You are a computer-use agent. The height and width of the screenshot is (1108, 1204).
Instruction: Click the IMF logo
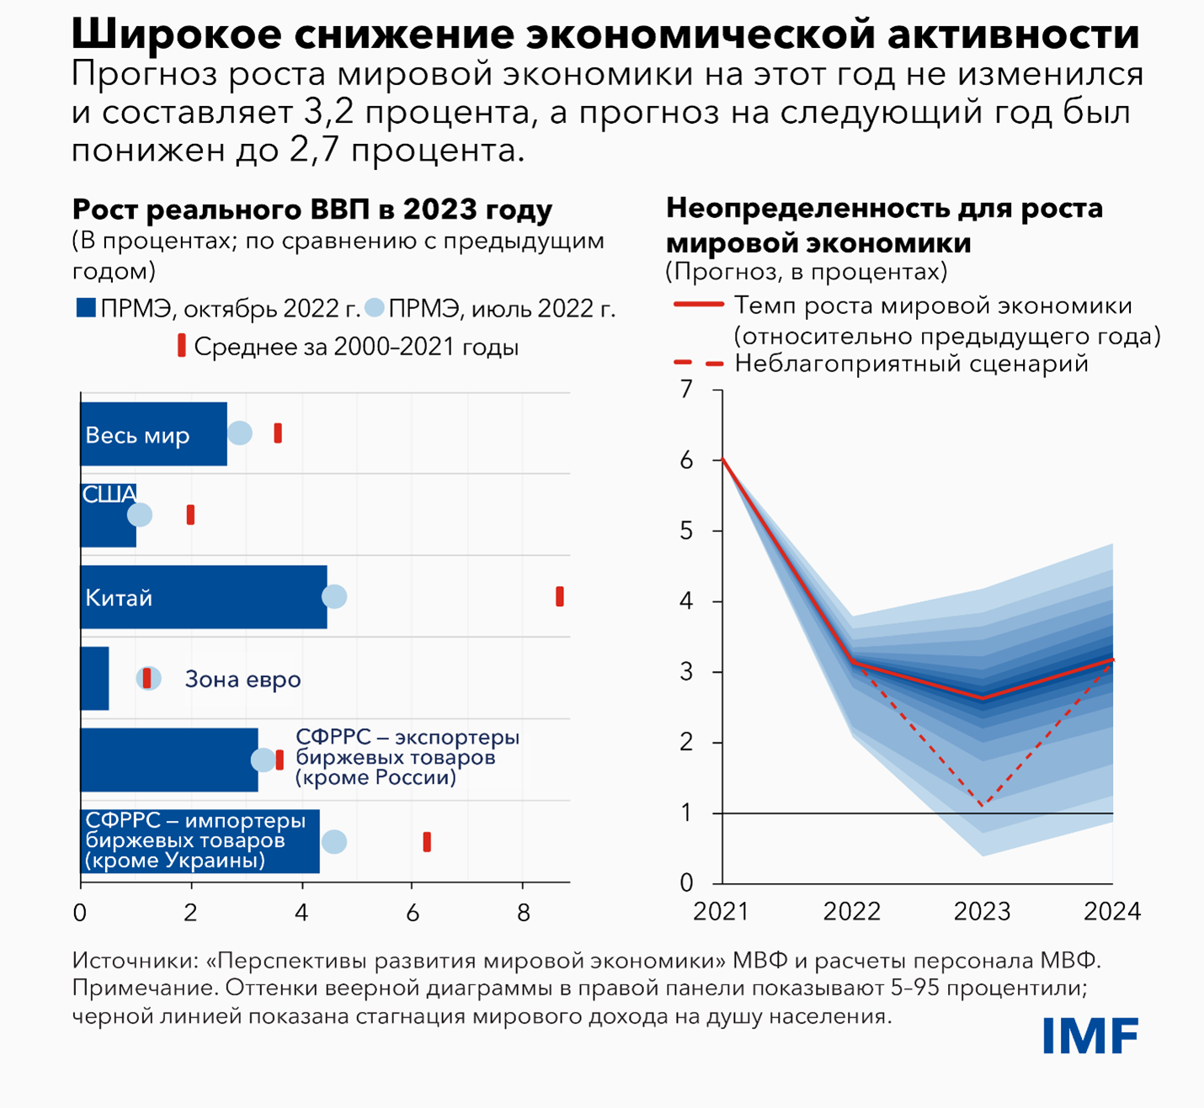1090,1036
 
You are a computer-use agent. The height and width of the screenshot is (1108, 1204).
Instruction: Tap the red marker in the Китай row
560,597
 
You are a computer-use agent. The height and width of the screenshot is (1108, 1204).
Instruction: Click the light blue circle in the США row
140,514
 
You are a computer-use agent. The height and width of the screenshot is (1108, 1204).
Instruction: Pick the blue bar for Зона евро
94,679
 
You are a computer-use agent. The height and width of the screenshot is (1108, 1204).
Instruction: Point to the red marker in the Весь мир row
278,434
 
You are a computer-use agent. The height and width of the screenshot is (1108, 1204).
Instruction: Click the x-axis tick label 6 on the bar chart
413,914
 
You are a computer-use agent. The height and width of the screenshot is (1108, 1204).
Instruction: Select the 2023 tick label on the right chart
982,912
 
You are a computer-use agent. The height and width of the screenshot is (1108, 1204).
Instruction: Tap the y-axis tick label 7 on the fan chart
687,390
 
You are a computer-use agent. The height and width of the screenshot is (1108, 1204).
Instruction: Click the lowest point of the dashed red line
983,806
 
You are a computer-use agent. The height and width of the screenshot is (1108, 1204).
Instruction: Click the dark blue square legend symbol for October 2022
86,308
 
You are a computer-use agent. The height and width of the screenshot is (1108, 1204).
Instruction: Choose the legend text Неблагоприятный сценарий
912,364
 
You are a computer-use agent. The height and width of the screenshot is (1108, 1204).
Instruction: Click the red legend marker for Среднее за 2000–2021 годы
181,345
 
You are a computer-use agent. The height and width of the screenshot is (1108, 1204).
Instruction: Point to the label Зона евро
242,679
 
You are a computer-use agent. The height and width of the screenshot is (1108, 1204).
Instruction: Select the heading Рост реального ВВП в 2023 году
312,210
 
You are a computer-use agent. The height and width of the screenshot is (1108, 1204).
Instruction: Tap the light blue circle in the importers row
334,842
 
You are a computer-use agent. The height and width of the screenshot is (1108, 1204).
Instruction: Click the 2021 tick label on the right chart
721,912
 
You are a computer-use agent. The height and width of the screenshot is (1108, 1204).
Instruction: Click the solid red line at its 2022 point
853,662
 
